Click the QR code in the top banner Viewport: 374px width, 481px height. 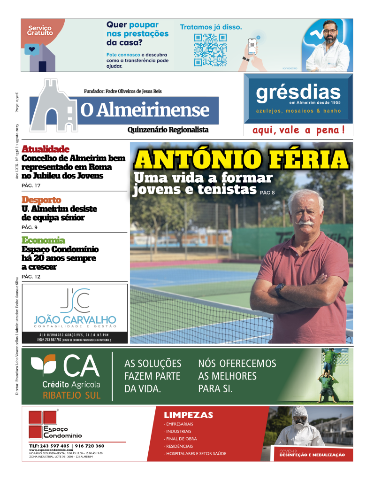tap(204, 49)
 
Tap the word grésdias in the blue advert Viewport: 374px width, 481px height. tap(298, 93)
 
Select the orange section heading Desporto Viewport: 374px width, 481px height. tap(41, 200)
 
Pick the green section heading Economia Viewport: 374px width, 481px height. tap(43, 240)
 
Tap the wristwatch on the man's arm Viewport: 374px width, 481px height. tap(280, 290)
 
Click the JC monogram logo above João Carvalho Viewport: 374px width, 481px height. tap(75, 301)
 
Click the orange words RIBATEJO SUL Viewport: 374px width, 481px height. tap(71, 395)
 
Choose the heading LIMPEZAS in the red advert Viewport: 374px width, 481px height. tap(188, 415)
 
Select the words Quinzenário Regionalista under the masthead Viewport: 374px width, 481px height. tap(168, 130)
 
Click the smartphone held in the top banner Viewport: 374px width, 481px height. tap(253, 47)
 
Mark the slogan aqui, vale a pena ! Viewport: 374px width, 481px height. tap(298, 130)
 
